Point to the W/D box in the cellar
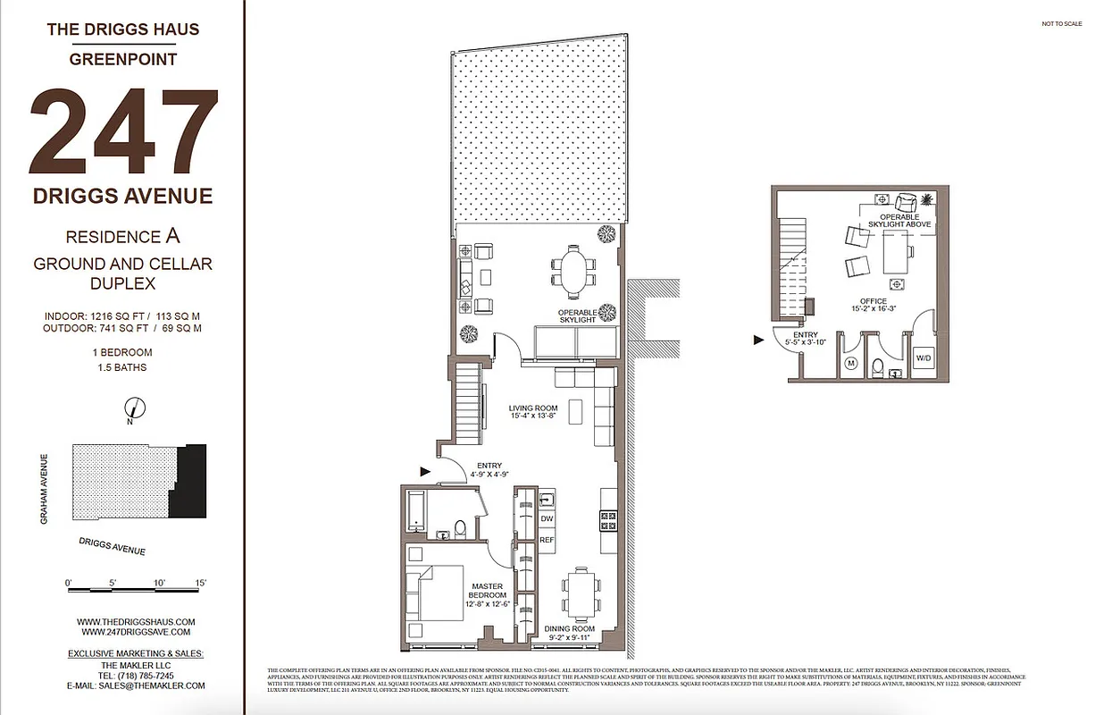click(x=923, y=358)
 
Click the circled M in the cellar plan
click(x=850, y=364)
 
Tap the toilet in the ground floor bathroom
click(x=459, y=528)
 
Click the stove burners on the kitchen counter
click(x=607, y=517)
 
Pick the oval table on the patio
click(x=572, y=272)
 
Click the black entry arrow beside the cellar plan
click(x=759, y=340)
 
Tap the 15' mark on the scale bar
click(x=201, y=584)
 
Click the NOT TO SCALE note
click(x=1061, y=24)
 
